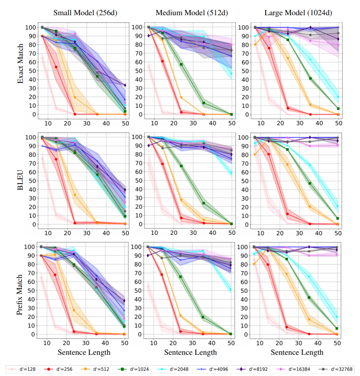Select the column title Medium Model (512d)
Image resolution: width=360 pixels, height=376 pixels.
192,12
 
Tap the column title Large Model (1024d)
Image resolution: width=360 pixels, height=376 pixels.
297,12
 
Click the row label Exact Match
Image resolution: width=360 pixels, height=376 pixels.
20,68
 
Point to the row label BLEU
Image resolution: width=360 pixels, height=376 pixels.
20,180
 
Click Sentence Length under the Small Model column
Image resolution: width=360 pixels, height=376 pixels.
84,352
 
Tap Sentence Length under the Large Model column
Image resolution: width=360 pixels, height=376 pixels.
297,352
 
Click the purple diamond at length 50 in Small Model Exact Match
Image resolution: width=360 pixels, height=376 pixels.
125,85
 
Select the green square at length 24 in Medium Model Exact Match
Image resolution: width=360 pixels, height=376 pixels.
181,64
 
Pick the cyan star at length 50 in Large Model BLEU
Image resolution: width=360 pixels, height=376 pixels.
338,206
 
